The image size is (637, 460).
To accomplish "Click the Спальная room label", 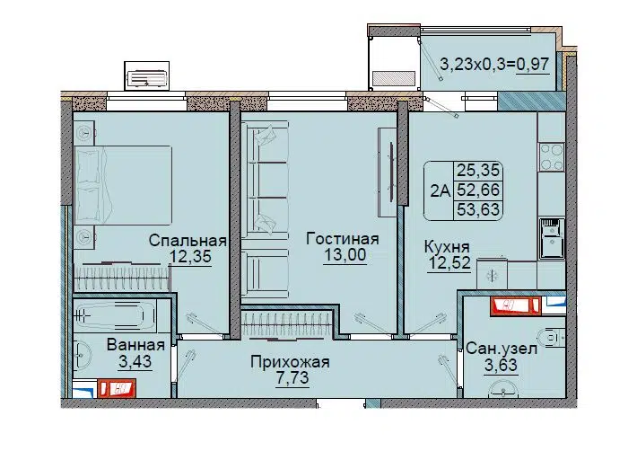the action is coord(188,241).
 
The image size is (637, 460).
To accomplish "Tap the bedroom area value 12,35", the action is coord(190,257).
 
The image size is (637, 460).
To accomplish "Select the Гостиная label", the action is coord(343,239).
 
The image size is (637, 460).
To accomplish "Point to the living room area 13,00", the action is coord(345,255).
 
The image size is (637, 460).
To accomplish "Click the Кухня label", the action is coord(447,247).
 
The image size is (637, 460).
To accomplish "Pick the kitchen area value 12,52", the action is coord(449,263).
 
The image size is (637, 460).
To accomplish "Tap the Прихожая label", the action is coord(290,361).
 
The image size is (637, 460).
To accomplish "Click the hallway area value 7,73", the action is coord(292,378).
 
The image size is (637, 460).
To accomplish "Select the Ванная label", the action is coord(135,345).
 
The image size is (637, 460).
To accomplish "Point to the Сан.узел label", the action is coord(502,349).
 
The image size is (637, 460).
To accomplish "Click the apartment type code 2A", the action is coord(441,190).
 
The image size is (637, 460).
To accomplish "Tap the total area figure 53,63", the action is coord(478,210).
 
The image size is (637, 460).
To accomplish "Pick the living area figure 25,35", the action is coord(478,170).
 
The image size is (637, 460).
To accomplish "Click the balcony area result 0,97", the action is coord(533,65).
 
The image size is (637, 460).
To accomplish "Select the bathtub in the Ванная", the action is coord(116,315).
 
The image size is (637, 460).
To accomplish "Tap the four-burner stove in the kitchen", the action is coord(551,156).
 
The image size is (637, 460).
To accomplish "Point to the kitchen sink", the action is coord(552,238).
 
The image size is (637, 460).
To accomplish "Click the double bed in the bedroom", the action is coord(123,185).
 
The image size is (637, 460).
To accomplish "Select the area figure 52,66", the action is coord(478,190).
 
